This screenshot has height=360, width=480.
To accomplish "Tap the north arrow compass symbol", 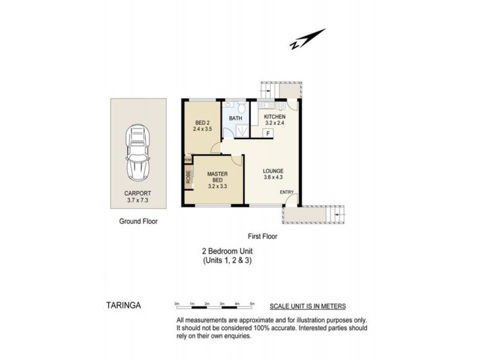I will pyautogui.click(x=308, y=39).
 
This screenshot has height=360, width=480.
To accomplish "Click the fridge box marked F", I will pyautogui.click(x=268, y=133).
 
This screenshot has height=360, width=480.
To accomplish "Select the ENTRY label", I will pyautogui.click(x=287, y=192).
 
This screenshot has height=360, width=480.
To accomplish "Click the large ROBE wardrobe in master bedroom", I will pyautogui.click(x=188, y=177).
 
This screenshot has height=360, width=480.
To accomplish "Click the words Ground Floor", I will pyautogui.click(x=137, y=221).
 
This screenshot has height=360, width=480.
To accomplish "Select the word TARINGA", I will pyautogui.click(x=120, y=305).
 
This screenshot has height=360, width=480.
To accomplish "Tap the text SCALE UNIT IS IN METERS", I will pyautogui.click(x=308, y=306).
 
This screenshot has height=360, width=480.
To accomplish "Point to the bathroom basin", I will pyautogui.click(x=228, y=106).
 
